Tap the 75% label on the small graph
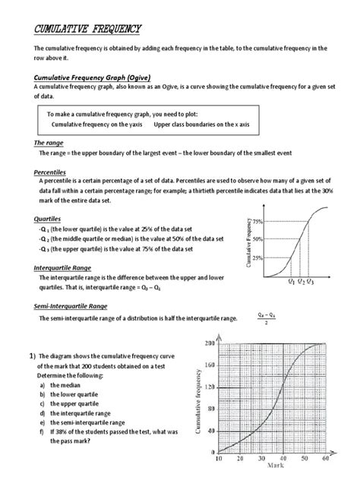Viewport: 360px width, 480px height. (x=257, y=221)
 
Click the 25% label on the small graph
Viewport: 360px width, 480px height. (x=257, y=257)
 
